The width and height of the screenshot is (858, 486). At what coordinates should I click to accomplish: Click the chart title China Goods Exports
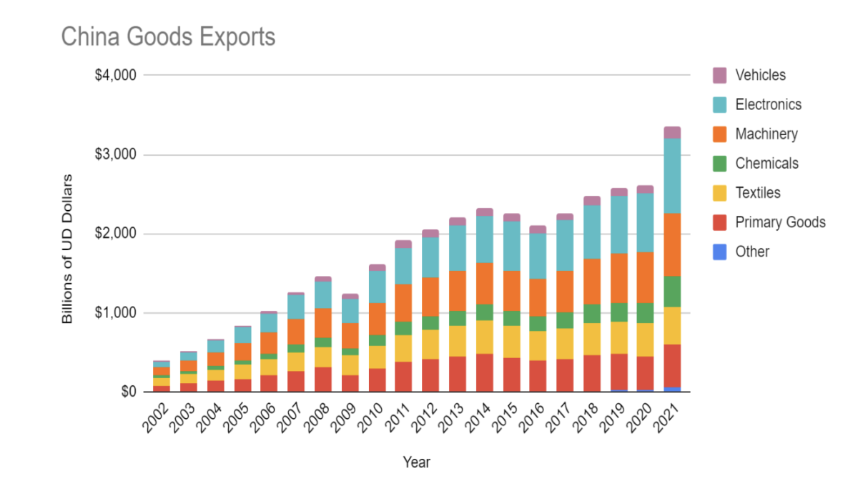pyautogui.click(x=168, y=36)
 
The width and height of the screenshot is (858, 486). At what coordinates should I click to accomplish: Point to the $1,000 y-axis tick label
pyautogui.click(x=116, y=313)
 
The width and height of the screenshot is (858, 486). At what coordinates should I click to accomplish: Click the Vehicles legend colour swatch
pyautogui.click(x=720, y=75)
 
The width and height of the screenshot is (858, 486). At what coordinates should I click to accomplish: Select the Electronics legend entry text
pyautogui.click(x=769, y=104)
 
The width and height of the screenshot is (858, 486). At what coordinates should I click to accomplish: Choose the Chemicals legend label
pyautogui.click(x=766, y=163)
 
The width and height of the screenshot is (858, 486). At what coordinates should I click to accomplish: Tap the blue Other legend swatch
pyautogui.click(x=720, y=252)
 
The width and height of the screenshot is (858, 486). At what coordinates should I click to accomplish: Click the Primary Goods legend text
pyautogui.click(x=780, y=222)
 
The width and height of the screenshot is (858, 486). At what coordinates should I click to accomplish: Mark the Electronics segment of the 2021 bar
pyautogui.click(x=672, y=176)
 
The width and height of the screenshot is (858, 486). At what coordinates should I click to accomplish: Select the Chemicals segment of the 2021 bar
pyautogui.click(x=672, y=292)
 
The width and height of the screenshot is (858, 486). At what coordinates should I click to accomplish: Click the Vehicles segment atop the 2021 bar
pyautogui.click(x=672, y=132)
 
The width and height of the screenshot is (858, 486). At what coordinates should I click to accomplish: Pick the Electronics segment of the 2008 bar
pyautogui.click(x=323, y=295)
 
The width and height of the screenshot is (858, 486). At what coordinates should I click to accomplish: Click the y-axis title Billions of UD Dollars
pyautogui.click(x=68, y=248)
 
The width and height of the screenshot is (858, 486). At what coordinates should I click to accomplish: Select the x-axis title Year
pyautogui.click(x=416, y=462)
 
